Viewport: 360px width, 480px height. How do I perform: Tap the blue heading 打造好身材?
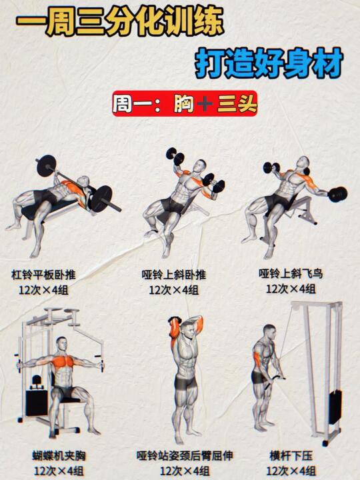pyautogui.click(x=269, y=63)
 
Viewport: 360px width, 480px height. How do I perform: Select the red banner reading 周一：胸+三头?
pyautogui.click(x=185, y=103)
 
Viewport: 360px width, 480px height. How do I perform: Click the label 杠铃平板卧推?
pyautogui.click(x=43, y=274)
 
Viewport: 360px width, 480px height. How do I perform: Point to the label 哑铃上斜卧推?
pyautogui.click(x=173, y=274)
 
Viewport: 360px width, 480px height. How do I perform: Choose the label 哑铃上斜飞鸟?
pyautogui.click(x=291, y=273)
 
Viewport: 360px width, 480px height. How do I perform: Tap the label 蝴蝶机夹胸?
pyautogui.click(x=59, y=455)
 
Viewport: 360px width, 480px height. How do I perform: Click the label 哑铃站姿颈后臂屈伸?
pyautogui.click(x=185, y=455)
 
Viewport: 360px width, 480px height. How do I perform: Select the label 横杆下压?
pyautogui.click(x=291, y=455)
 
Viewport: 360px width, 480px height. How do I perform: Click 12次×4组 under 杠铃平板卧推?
pyautogui.click(x=43, y=289)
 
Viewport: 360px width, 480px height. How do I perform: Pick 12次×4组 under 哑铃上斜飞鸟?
pyautogui.click(x=291, y=289)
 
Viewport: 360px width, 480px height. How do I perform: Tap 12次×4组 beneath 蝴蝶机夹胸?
pyautogui.click(x=59, y=471)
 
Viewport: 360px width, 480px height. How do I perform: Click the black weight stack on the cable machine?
pyautogui.click(x=335, y=407)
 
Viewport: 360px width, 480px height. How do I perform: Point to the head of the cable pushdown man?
pyautogui.click(x=270, y=332)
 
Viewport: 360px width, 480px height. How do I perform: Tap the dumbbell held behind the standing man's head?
pyautogui.click(x=173, y=322)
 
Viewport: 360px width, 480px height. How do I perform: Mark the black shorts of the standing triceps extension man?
pyautogui.click(x=185, y=383)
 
